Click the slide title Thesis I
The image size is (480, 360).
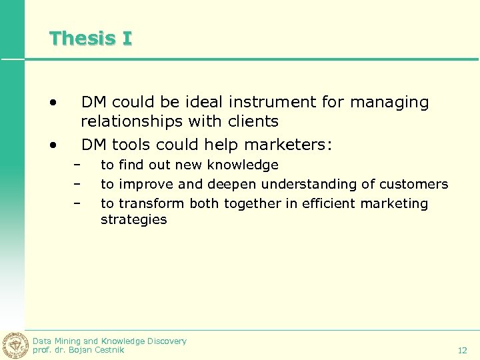[x=91, y=38]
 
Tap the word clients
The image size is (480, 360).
[x=252, y=121]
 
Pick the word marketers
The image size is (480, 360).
[x=297, y=145]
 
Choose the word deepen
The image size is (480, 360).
[x=233, y=184]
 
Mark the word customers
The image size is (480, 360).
[x=415, y=184]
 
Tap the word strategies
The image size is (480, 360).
[x=133, y=220]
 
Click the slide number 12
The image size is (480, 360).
[x=462, y=350]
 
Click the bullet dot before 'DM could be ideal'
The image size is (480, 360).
[x=51, y=103]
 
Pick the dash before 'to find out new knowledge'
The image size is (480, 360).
[x=77, y=165]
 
